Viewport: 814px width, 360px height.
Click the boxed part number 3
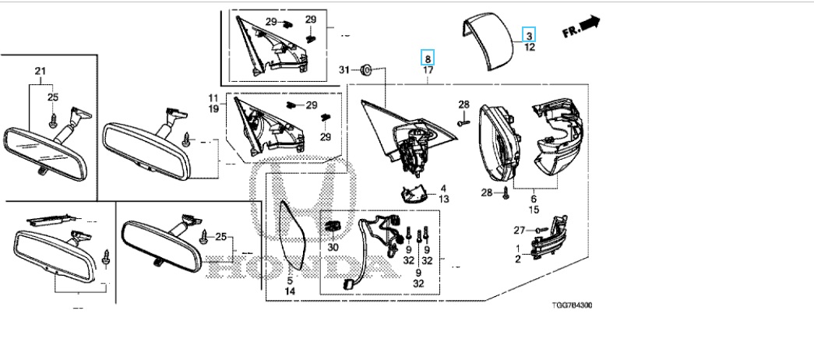(x=529, y=35)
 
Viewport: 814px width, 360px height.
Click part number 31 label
(x=345, y=71)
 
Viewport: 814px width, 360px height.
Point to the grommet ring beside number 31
(x=369, y=71)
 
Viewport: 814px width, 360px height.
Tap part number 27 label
(x=520, y=229)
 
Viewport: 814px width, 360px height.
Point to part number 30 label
(x=334, y=246)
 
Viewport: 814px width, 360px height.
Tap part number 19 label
(x=213, y=109)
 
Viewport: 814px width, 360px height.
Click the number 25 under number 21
(x=53, y=97)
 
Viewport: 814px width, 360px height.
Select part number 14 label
(x=289, y=291)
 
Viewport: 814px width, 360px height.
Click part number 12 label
(x=529, y=48)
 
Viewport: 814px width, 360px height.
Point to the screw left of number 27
(x=539, y=229)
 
